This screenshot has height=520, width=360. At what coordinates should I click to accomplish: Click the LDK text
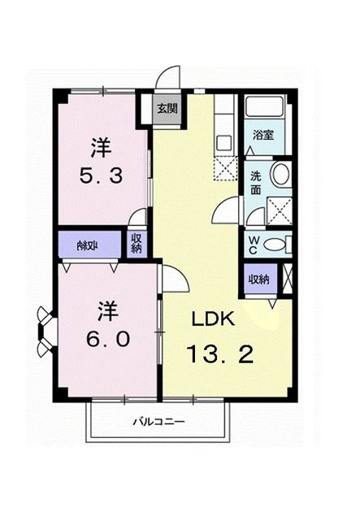[213, 319]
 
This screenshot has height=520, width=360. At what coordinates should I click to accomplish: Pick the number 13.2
[220, 354]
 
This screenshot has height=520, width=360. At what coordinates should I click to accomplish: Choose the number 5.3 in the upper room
[101, 175]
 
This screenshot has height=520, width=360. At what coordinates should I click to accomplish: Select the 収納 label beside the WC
[259, 279]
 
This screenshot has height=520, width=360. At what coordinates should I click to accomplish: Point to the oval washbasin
[280, 175]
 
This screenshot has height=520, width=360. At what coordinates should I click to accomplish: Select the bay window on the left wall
[45, 331]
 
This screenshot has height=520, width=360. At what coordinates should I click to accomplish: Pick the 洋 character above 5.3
[101, 148]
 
